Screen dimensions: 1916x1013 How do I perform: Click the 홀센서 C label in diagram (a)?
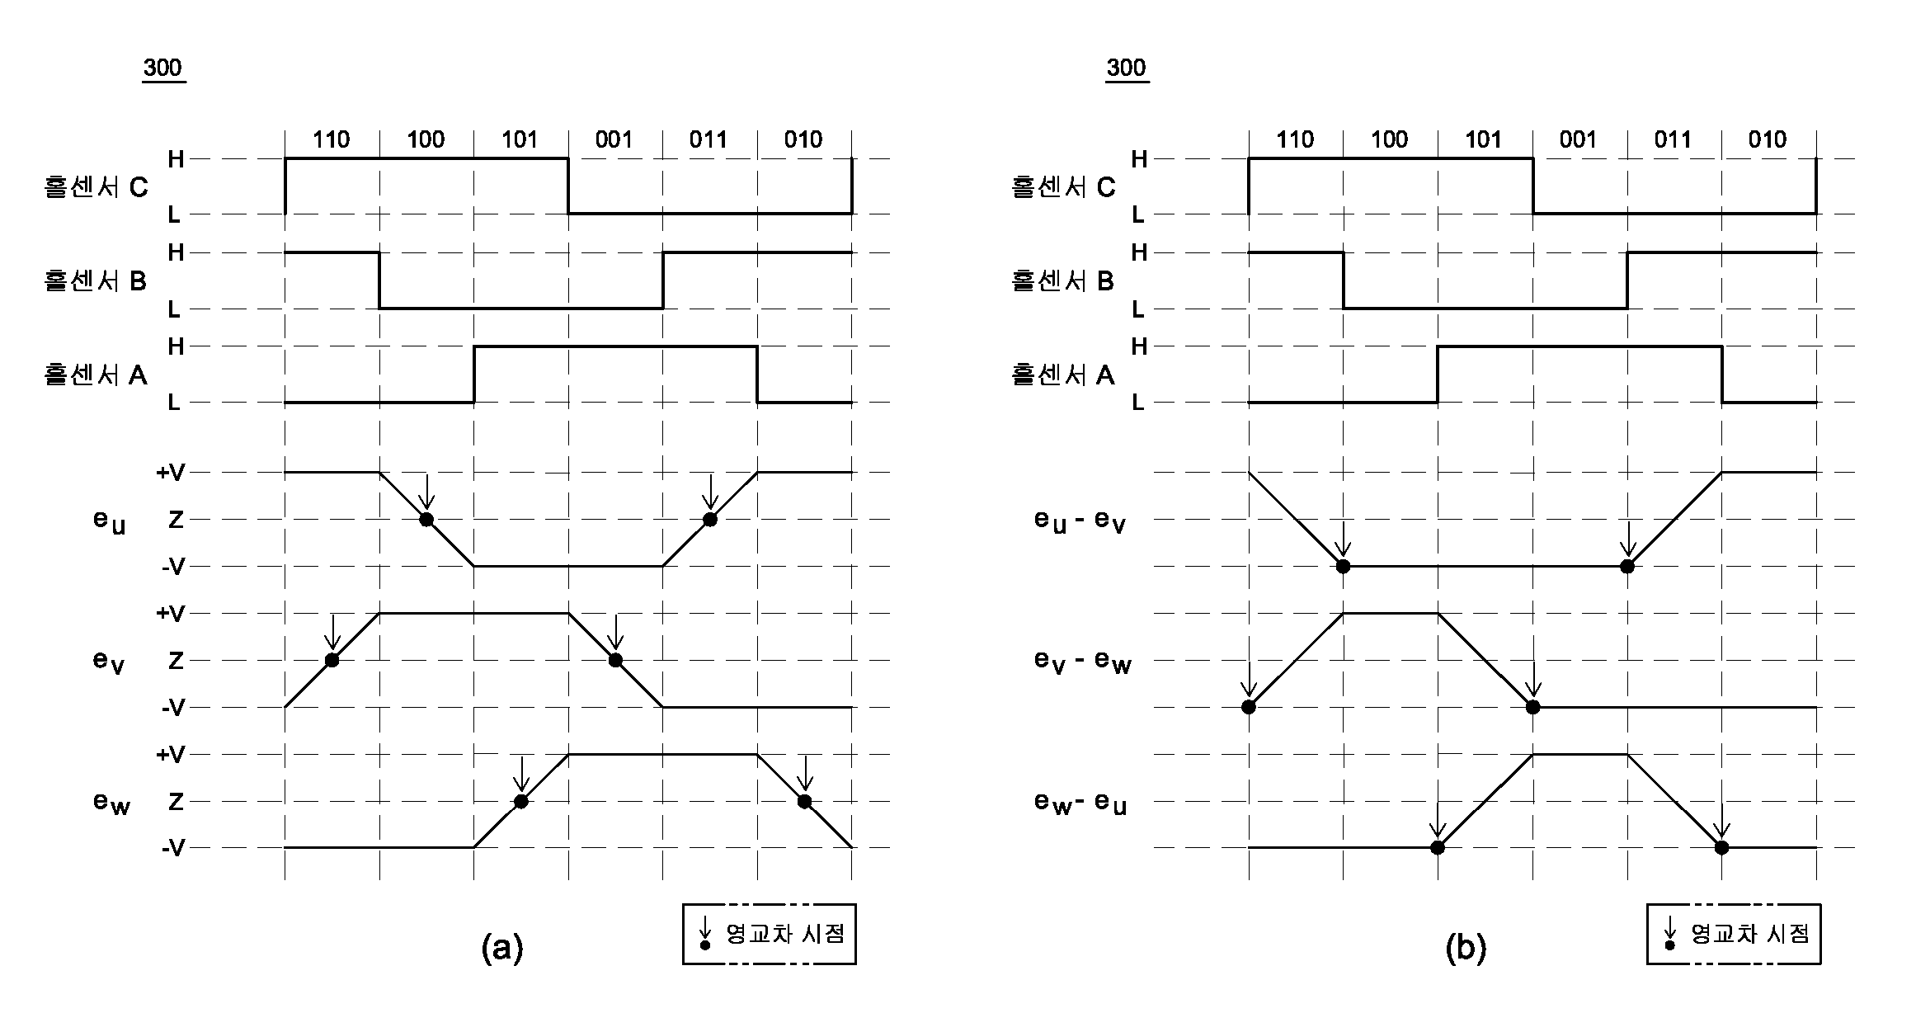[x=96, y=187]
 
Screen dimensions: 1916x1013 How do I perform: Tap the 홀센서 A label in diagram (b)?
[x=1062, y=375]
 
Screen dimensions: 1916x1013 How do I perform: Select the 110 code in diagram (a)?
[x=332, y=139]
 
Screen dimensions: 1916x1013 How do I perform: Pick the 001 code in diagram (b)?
[x=1578, y=139]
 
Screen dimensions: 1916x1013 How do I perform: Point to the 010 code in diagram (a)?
[x=803, y=139]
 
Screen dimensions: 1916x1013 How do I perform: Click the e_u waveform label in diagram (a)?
[x=109, y=521]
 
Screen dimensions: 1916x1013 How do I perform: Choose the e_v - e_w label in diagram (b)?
[x=1082, y=662]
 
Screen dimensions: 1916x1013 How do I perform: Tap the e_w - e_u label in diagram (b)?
[x=1080, y=803]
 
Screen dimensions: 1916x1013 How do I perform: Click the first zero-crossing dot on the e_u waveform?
[x=426, y=519]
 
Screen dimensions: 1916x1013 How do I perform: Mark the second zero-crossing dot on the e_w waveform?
[x=805, y=801]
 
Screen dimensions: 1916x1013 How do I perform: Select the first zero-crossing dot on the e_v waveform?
[x=332, y=660]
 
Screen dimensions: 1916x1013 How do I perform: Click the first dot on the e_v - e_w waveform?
[x=1249, y=707]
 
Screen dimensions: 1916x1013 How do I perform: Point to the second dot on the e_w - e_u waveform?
[x=1721, y=847]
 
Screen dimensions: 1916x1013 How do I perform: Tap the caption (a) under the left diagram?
[x=502, y=948]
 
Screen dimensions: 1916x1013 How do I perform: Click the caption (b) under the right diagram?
[x=1466, y=948]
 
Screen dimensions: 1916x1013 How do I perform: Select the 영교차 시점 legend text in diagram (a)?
[x=785, y=933]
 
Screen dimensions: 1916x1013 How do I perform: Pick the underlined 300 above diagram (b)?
[x=1126, y=68]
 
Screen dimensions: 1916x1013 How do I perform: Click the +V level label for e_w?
[x=172, y=754]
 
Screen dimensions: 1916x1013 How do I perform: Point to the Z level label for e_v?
[x=176, y=660]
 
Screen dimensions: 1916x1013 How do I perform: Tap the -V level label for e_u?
[x=173, y=566]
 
